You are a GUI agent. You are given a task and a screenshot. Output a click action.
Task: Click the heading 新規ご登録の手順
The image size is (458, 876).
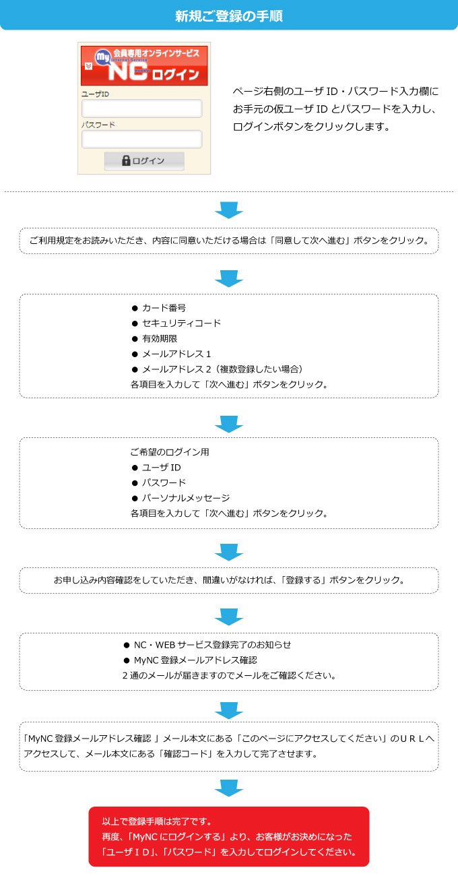point(228,16)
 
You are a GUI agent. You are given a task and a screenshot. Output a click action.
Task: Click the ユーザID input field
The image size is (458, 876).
point(142,108)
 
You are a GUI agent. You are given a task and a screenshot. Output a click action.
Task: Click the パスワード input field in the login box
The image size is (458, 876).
point(142,139)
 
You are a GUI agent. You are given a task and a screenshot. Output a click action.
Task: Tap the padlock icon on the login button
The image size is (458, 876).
point(126,160)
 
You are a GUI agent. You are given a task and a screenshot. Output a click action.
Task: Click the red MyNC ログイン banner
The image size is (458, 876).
point(144,65)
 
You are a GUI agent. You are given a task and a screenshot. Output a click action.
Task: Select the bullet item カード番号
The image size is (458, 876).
point(159,308)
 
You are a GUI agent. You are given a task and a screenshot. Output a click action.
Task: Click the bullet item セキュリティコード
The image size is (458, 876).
point(176,323)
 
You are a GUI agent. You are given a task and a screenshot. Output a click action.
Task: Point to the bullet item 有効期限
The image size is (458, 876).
point(154,339)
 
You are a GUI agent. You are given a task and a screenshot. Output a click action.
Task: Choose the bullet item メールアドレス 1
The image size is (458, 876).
point(171,354)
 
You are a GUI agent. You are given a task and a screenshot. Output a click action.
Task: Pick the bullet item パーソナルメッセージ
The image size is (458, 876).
point(181,498)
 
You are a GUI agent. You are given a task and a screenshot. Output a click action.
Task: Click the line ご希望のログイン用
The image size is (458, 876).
point(170,452)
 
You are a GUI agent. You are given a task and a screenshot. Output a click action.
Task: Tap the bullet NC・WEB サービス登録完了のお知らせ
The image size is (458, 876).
point(207,645)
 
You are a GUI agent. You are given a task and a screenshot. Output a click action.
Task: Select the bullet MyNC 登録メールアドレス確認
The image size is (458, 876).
point(191,660)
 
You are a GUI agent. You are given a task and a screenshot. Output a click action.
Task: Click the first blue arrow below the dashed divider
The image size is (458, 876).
point(229,210)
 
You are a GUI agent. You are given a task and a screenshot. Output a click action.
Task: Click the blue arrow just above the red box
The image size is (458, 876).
point(229,788)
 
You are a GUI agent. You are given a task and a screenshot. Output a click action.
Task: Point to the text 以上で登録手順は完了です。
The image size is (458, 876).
point(157,821)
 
